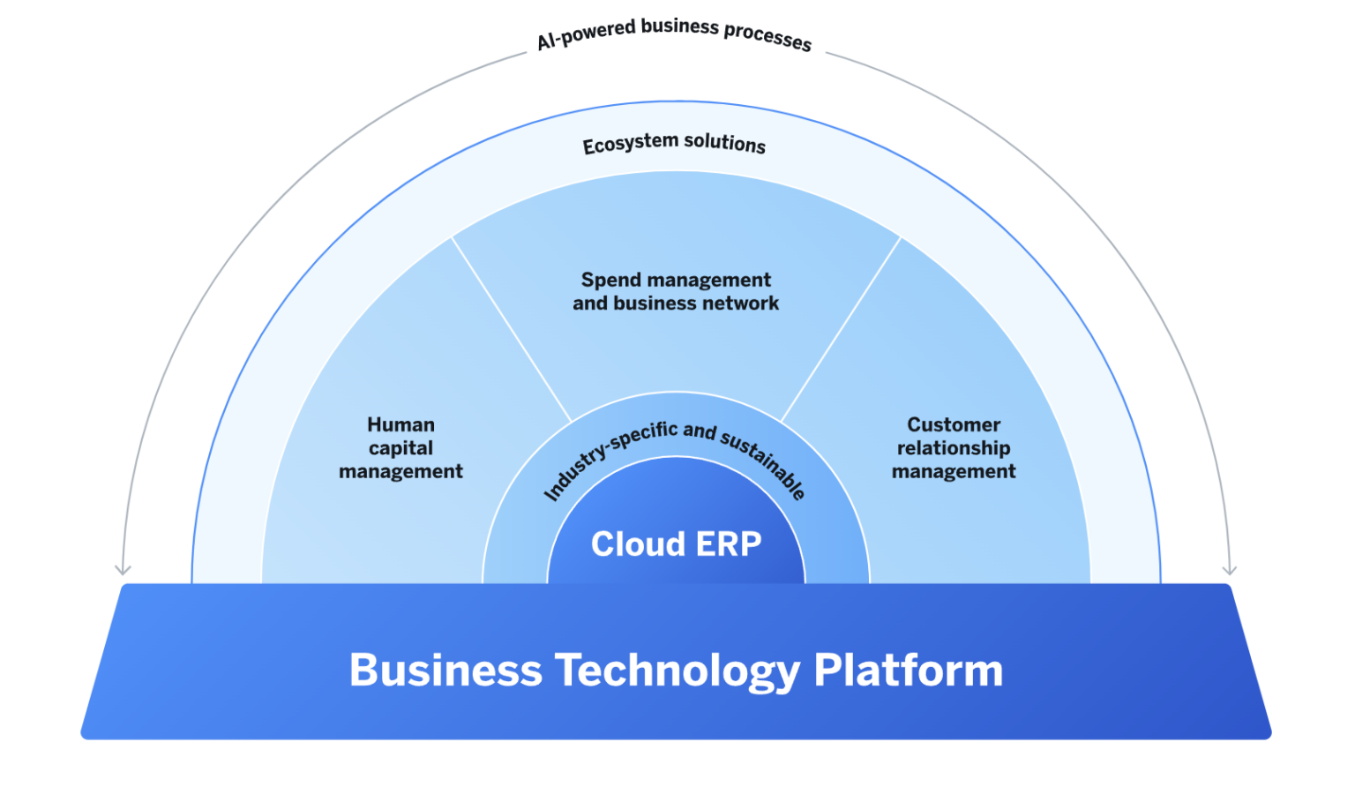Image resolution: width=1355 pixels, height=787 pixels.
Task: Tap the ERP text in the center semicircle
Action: coord(728,544)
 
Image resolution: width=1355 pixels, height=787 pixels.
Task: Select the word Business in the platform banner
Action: coord(445,671)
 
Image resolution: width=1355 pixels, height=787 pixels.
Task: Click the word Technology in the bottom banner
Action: coord(677,671)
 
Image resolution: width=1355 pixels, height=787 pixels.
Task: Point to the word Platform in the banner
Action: coord(908,671)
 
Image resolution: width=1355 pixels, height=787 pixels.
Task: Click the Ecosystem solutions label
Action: coord(674,143)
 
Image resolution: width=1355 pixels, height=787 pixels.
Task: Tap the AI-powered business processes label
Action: coord(674,34)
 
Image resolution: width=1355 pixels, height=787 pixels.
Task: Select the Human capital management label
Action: coord(401,448)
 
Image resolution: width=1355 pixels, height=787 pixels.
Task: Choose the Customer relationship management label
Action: coord(954,448)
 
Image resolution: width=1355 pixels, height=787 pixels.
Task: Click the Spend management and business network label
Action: coord(676,291)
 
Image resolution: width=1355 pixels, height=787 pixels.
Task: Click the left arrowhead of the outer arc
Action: coord(124,570)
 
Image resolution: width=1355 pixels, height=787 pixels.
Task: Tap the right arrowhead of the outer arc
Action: coord(1229,570)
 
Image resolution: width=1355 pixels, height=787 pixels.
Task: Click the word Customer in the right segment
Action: coord(954,425)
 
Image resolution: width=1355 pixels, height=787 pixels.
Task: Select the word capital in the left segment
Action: coord(401,448)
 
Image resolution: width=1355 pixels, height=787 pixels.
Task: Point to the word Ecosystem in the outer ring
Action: coord(630,144)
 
